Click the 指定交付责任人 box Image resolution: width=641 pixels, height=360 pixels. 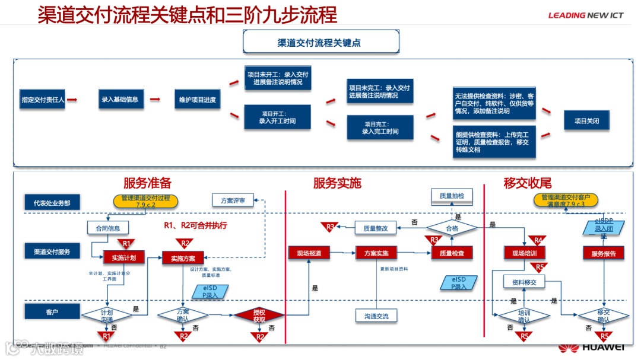point(43,100)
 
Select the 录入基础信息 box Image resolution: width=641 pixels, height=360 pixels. point(119,100)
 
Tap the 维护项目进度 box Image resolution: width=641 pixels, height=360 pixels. point(198,100)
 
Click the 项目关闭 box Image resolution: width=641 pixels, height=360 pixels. point(586,120)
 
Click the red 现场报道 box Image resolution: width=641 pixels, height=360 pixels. point(309,253)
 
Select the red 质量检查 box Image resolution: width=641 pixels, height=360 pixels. point(452,253)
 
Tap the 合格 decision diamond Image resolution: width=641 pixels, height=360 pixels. point(452,227)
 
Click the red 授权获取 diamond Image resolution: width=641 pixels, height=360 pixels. point(259,314)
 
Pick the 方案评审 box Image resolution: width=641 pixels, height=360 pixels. point(233,200)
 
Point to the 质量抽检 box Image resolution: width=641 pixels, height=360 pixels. point(452,195)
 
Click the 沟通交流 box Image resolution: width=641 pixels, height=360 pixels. point(376,316)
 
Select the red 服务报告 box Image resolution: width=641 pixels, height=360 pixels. point(604,253)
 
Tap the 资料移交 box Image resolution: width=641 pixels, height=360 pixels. point(524,282)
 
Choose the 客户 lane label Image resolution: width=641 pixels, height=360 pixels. point(52,311)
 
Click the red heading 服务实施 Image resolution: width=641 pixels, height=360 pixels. point(337,183)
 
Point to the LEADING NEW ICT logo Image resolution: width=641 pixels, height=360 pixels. point(585,15)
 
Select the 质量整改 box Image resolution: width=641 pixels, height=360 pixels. point(375,228)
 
